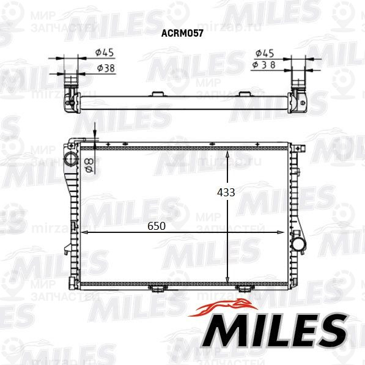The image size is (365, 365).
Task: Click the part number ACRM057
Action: tap(182, 33)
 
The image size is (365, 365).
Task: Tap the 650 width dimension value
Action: tap(157, 226)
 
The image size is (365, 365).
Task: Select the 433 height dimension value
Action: tap(226, 193)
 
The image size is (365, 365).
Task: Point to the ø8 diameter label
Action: tap(89, 165)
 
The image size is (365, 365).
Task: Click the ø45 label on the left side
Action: tap(105, 53)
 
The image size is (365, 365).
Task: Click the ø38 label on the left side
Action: tap(106, 68)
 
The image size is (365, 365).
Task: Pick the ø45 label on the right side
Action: tap(265, 53)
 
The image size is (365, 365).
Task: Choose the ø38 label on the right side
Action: tap(264, 65)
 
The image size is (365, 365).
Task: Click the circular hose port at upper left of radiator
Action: tap(72, 159)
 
